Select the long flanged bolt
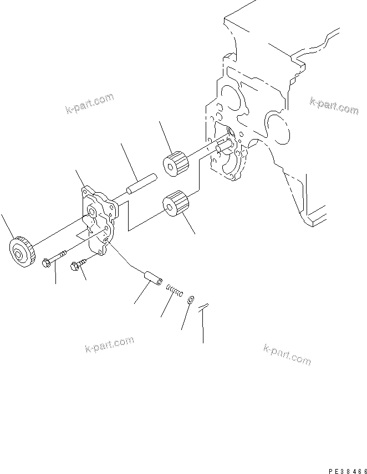coord(54,260)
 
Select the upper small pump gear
coord(176,162)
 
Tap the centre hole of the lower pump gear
coord(167,205)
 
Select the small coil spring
coord(175,290)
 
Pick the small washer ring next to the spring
coord(191,299)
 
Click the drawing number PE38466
coord(346,470)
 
